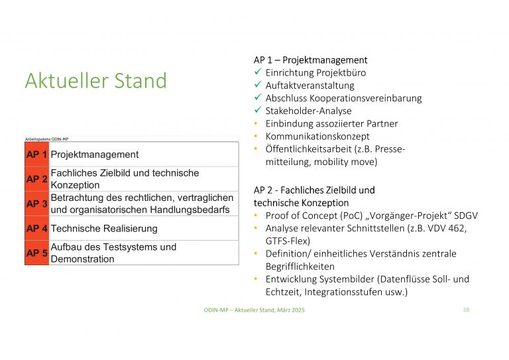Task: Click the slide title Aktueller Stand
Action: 95,81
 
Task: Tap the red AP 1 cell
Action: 36,154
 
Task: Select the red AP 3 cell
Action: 36,204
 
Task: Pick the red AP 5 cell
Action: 36,253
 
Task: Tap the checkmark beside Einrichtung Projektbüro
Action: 258,73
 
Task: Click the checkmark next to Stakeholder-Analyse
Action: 258,111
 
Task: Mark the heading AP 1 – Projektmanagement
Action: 310,60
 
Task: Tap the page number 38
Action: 466,310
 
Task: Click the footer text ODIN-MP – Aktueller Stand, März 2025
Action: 254,310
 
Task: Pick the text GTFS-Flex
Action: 288,241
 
